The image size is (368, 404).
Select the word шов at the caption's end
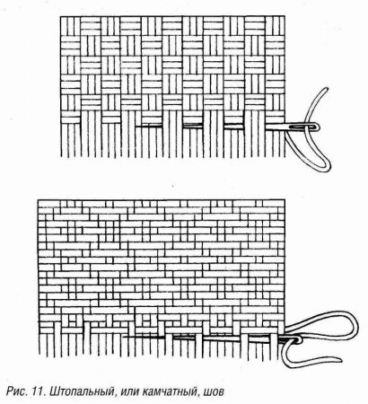click(x=213, y=391)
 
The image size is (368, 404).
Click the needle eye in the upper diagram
click(x=305, y=127)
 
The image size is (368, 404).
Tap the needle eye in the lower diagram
click(x=294, y=340)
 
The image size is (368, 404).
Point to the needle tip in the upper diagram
click(x=136, y=127)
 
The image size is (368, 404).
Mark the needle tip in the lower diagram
click(x=123, y=337)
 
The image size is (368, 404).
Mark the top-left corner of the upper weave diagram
click(x=61, y=16)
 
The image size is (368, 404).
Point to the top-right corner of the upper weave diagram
click(x=285, y=16)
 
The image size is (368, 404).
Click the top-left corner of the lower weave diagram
click(x=39, y=200)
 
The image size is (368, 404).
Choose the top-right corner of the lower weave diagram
click(x=285, y=200)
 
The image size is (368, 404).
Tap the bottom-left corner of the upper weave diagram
click(x=61, y=157)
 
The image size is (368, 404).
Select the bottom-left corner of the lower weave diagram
click(x=39, y=356)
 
